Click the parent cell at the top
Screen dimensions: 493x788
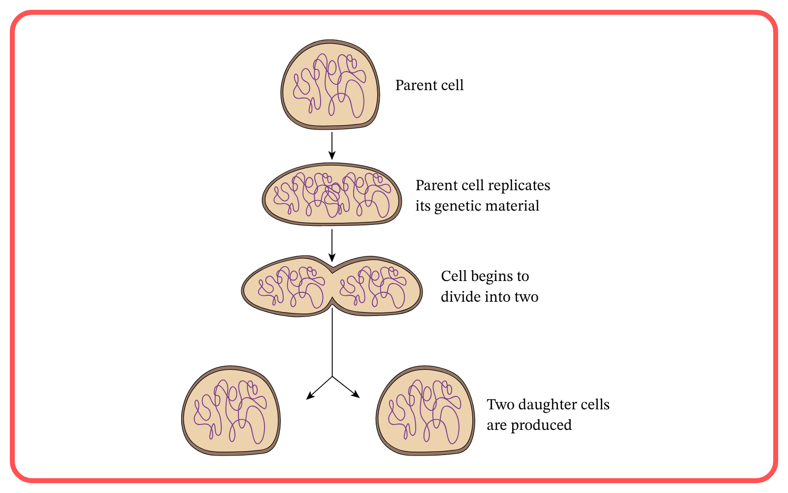point(330,85)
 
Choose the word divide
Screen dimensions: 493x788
point(460,297)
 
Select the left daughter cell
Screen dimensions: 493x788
point(230,410)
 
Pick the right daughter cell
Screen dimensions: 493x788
point(425,410)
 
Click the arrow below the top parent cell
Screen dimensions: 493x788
point(332,145)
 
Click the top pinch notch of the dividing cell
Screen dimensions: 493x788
point(332,269)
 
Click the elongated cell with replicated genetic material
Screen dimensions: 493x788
point(332,194)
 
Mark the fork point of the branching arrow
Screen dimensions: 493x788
point(332,377)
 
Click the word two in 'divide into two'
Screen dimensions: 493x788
point(526,297)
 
